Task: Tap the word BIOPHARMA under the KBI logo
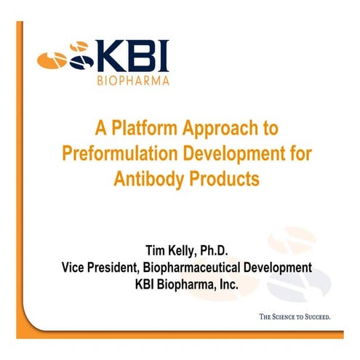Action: pyautogui.click(x=134, y=81)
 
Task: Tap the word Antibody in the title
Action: pyautogui.click(x=145, y=178)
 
